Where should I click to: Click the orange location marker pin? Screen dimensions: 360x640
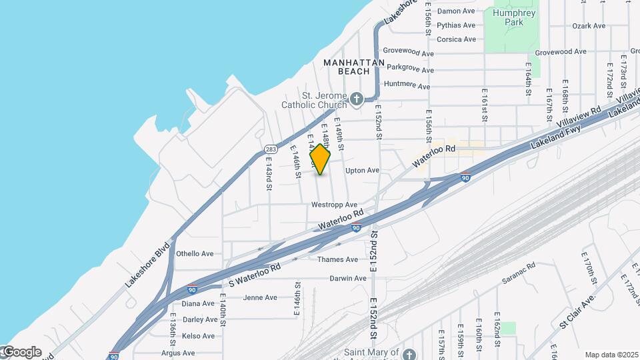(x=321, y=159)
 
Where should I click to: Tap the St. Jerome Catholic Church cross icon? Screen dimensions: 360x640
(x=357, y=100)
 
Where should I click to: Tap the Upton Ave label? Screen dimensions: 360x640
(x=362, y=171)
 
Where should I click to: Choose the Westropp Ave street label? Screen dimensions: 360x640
(x=335, y=205)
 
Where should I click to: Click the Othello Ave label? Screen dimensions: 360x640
(x=195, y=253)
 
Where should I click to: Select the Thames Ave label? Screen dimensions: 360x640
(x=338, y=259)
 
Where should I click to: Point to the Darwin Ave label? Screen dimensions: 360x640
(x=347, y=278)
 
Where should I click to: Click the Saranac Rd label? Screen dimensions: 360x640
(x=519, y=271)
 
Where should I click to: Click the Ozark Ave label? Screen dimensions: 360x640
(x=589, y=26)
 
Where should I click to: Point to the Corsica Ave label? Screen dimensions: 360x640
(x=456, y=39)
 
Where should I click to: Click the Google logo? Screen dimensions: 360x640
(x=21, y=352)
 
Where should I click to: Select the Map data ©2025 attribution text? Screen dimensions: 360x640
(x=611, y=355)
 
